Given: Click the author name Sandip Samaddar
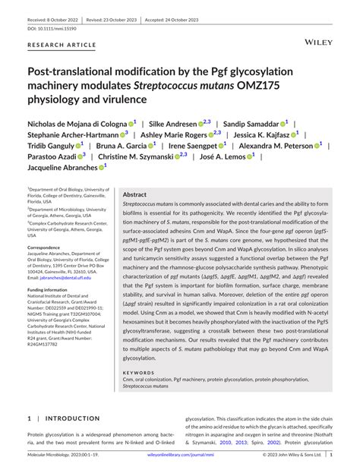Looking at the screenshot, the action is tap(254, 123).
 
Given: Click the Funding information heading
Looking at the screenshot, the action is tap(52, 290).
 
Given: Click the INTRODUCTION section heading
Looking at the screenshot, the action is tap(74, 418).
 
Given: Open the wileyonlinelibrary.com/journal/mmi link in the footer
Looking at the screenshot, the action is tap(180, 455).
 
